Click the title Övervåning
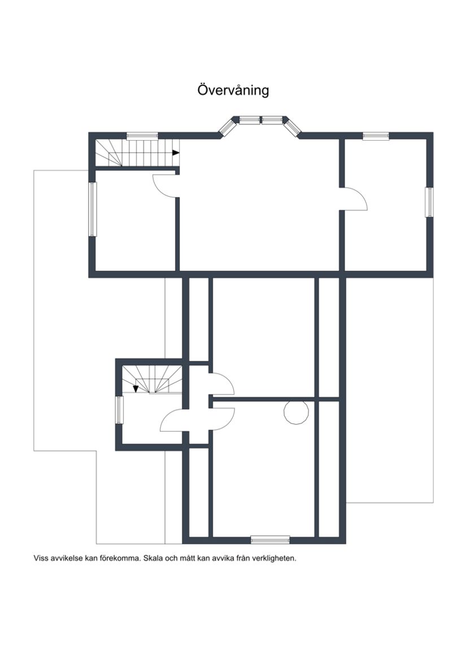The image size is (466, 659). click(233, 90)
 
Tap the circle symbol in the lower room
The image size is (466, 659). click(296, 412)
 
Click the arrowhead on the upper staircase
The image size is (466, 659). click(176, 153)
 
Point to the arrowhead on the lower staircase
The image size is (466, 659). click(136, 389)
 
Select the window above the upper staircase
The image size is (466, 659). click(142, 135)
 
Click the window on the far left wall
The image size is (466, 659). click(93, 209)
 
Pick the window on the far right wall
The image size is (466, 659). click(429, 202)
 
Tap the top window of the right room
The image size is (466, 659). click(376, 135)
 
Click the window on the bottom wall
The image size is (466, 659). click(270, 539)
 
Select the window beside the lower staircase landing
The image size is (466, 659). click(119, 410)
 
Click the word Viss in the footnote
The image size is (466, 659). click(41, 558)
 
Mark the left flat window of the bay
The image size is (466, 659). click(250, 120)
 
